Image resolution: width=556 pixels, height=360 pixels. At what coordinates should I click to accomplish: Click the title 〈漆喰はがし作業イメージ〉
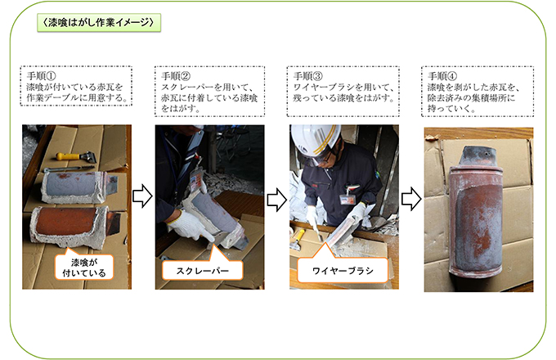point(99,23)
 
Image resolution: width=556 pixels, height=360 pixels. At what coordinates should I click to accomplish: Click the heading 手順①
point(41,76)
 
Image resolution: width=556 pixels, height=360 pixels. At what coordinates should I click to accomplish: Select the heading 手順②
point(176,76)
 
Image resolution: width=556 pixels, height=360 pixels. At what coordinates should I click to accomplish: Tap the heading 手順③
point(308,76)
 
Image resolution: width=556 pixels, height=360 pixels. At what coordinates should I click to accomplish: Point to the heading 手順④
point(442,76)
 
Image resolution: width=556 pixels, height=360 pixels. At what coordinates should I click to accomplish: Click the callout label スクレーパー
point(203,271)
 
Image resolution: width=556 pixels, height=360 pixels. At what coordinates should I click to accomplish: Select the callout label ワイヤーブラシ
point(343,271)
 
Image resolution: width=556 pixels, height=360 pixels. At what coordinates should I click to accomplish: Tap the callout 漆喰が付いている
point(84,268)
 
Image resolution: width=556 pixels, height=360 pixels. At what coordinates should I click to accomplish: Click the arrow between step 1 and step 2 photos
point(142,196)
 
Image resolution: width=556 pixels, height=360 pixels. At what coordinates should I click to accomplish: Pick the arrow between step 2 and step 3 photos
point(276,200)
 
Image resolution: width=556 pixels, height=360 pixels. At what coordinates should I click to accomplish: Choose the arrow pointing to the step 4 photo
point(411,199)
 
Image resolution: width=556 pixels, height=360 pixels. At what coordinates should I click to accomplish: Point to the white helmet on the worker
point(315,140)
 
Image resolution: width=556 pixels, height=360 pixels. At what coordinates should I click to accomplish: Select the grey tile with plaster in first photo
point(78,187)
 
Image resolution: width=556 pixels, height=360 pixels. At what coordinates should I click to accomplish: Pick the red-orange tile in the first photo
point(73,224)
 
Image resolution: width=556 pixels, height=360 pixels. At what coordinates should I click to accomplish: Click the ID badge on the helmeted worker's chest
point(347,200)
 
